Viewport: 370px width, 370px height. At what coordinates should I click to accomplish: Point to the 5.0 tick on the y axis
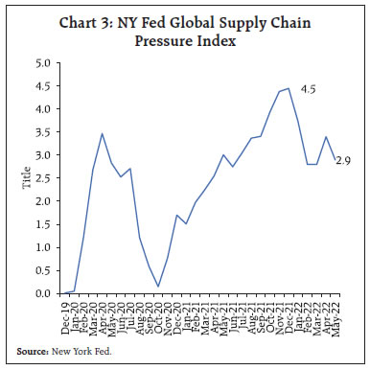[x=43, y=63]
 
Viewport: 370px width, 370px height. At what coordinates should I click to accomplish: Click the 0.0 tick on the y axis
[x=43, y=293]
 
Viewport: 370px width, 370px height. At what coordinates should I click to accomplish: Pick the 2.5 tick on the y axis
[x=43, y=178]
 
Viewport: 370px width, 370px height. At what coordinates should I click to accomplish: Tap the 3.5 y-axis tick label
[x=43, y=132]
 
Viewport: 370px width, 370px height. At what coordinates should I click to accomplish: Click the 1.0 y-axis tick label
[x=43, y=247]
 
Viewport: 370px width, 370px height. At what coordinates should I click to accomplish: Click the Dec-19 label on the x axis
[x=63, y=312]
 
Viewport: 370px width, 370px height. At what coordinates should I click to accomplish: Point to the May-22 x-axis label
[x=336, y=312]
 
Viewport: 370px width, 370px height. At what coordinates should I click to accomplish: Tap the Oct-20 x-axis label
[x=157, y=312]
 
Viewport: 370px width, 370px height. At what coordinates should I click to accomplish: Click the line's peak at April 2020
[x=103, y=133]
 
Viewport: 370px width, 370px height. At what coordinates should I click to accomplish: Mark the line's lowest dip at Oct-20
[x=158, y=286]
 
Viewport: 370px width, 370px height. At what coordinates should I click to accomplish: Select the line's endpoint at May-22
[x=335, y=160]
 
